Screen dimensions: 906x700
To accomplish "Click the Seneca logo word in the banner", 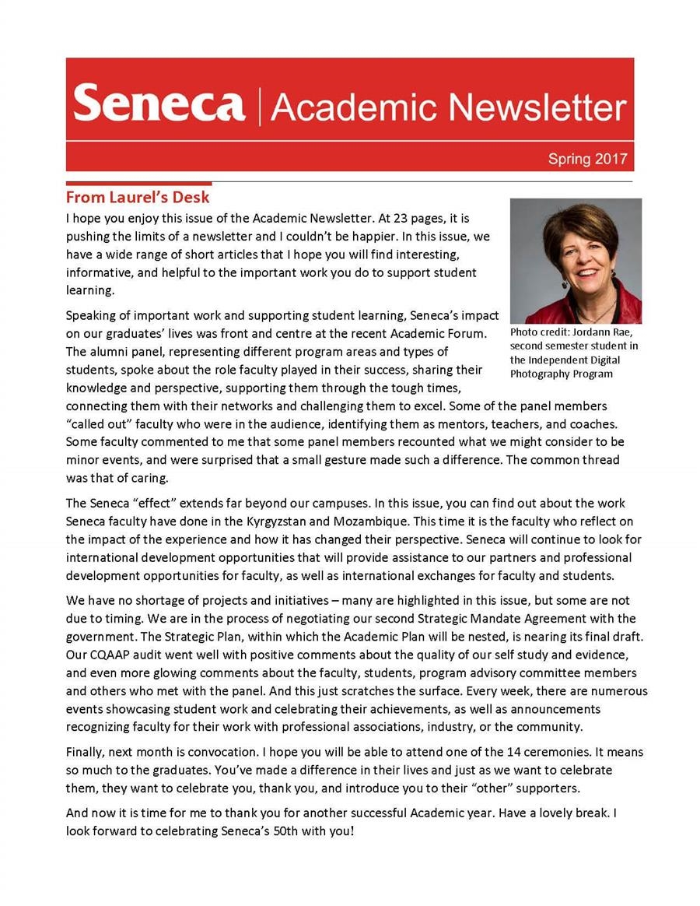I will pos(159,104).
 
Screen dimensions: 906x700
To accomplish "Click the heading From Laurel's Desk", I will pos(138,197).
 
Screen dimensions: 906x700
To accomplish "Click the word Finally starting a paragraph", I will pos(85,753).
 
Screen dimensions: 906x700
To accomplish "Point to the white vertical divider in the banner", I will pos(258,105).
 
